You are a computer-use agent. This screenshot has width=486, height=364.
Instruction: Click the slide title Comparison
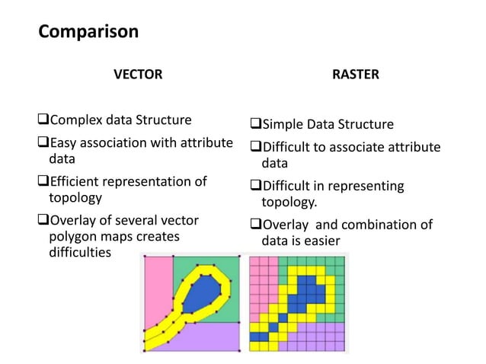click(88, 32)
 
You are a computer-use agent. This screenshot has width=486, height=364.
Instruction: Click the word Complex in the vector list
click(75, 120)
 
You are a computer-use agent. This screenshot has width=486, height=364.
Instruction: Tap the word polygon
click(65, 237)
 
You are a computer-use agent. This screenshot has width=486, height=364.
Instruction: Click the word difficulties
click(75, 253)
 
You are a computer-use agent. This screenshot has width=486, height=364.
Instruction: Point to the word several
click(126, 221)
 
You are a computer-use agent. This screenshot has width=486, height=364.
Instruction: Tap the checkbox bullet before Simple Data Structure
click(256, 125)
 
